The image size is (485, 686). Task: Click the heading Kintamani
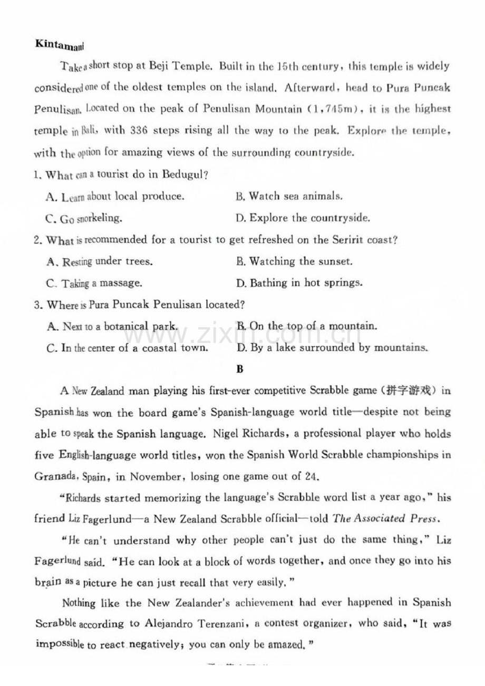tap(59, 44)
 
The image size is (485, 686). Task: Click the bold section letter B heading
tap(239, 369)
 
